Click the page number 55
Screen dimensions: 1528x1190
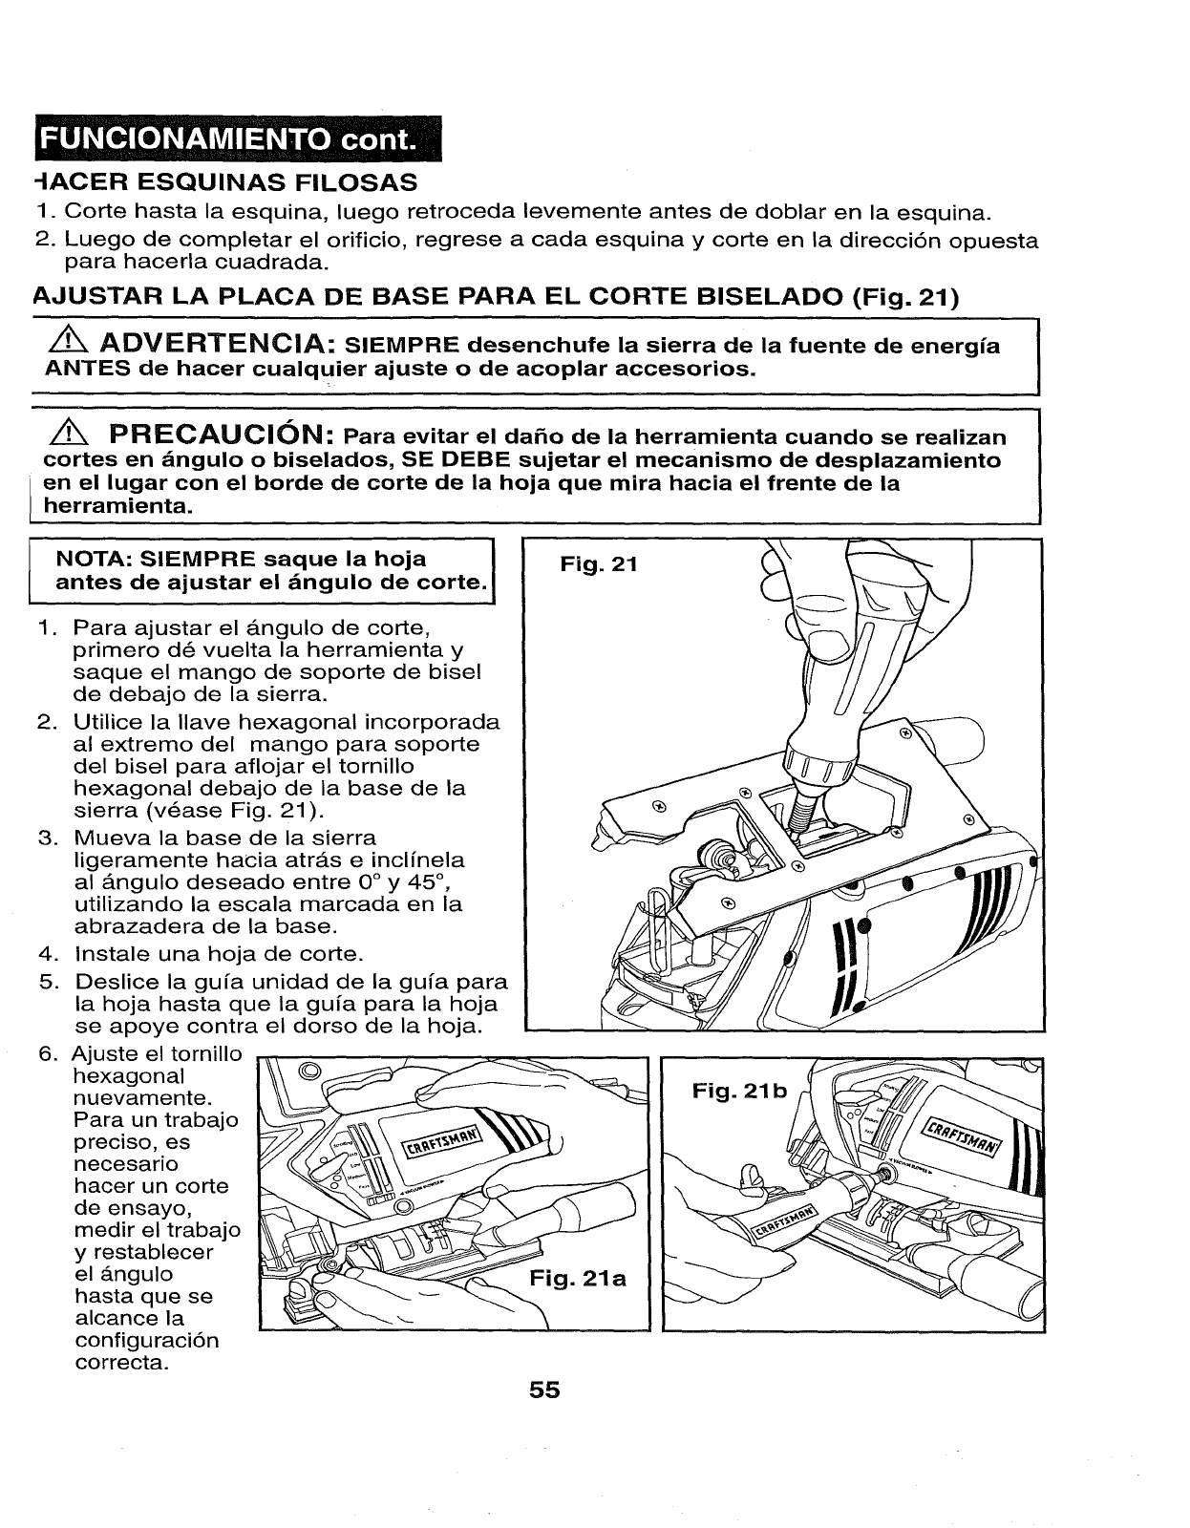(x=545, y=1390)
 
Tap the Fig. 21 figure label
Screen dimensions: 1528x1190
(x=598, y=564)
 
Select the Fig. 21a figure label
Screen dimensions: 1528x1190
(x=578, y=1278)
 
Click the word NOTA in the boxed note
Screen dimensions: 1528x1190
(x=87, y=559)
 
